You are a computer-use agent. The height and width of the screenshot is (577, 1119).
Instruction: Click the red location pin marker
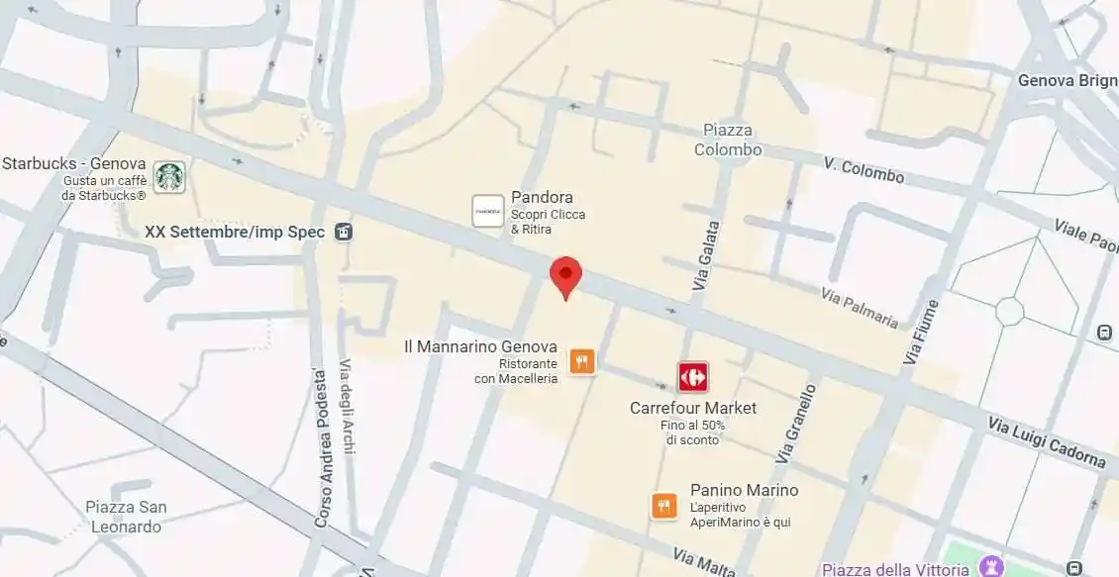(x=565, y=274)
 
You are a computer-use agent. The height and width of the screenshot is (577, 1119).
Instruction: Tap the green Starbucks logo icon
(x=169, y=178)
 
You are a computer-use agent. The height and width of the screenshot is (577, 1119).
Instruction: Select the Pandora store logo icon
(x=488, y=211)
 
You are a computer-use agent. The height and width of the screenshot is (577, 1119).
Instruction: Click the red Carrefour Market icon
(x=692, y=377)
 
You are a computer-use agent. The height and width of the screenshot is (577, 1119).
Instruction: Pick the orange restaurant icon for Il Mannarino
(x=582, y=361)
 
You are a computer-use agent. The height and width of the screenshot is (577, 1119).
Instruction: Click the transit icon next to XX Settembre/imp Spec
(x=344, y=232)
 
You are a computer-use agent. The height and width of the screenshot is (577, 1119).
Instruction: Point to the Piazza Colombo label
(x=728, y=141)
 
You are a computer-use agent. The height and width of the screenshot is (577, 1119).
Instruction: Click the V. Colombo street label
(x=864, y=170)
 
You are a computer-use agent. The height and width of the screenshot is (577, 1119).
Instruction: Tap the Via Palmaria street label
(x=860, y=308)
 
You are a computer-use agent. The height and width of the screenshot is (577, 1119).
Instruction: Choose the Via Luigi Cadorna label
(x=1047, y=441)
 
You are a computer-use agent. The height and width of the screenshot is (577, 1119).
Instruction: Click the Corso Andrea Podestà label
(x=321, y=447)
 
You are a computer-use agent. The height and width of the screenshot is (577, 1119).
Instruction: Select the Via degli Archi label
(x=347, y=407)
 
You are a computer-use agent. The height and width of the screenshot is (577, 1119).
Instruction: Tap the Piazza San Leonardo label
(x=126, y=517)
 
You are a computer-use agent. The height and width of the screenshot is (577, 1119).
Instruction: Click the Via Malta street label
(x=703, y=561)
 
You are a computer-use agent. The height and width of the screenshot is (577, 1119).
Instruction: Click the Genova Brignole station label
(x=1068, y=81)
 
